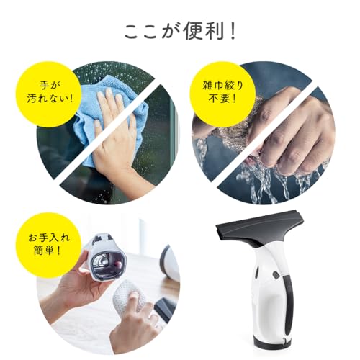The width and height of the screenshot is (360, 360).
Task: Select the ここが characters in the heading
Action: [x=148, y=32]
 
